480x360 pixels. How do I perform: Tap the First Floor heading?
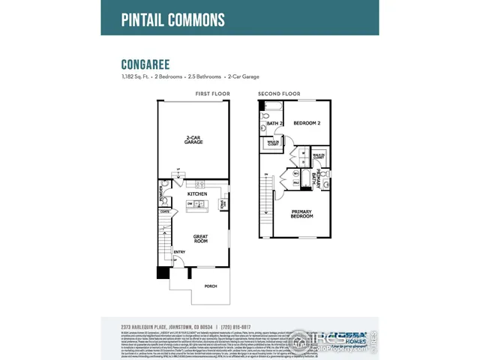pyautogui.click(x=212, y=94)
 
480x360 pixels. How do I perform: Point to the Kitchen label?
pyautogui.click(x=196, y=193)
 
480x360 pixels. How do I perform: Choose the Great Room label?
pyautogui.click(x=199, y=239)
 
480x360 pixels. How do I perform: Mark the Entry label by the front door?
pyautogui.click(x=180, y=252)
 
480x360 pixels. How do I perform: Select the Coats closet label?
pyautogui.click(x=165, y=211)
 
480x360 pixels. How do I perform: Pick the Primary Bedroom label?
pyautogui.click(x=302, y=214)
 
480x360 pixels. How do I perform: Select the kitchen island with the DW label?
pyautogui.click(x=196, y=203)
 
